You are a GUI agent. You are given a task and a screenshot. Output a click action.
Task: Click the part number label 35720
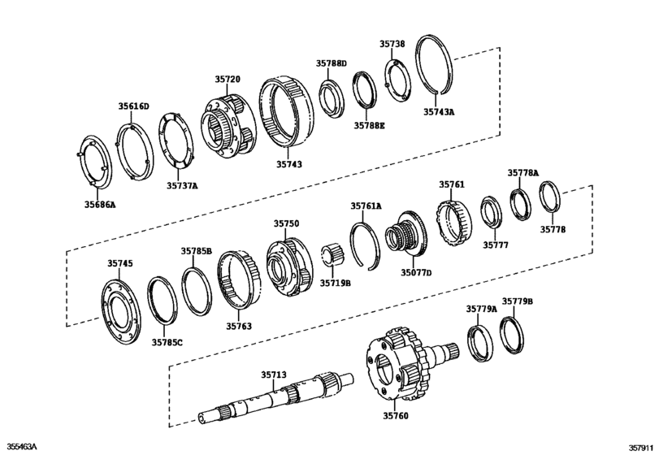[x=228, y=80]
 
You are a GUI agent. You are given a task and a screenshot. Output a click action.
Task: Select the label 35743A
[x=440, y=113]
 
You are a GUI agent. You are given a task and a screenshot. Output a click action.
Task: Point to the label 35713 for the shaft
[x=274, y=375]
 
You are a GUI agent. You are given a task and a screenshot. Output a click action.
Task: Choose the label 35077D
[x=415, y=272]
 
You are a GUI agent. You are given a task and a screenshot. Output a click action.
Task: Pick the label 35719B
[x=335, y=283]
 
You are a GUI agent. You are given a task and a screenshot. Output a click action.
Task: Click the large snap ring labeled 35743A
[x=444, y=69]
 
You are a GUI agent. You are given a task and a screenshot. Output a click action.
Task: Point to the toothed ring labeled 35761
[x=452, y=223]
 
